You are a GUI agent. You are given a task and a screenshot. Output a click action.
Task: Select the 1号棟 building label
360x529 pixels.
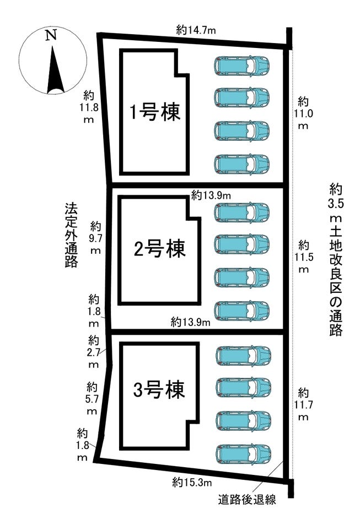click(154, 113)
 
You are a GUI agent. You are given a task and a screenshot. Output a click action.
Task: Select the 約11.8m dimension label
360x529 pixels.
click(88, 106)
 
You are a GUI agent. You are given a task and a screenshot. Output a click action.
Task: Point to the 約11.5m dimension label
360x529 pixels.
click(303, 257)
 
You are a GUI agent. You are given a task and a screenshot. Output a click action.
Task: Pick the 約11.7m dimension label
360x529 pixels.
click(303, 404)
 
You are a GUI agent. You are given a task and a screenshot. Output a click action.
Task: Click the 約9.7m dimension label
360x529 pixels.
click(96, 238)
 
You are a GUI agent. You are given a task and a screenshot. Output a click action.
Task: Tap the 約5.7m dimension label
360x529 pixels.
click(92, 398)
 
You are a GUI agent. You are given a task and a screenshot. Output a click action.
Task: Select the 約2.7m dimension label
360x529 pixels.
click(94, 351)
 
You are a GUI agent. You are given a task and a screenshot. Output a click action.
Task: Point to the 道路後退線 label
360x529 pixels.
click(246, 501)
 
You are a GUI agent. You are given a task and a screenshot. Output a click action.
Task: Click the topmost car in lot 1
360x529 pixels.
click(242, 66)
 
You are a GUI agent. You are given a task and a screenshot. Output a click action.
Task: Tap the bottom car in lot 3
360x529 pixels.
click(244, 454)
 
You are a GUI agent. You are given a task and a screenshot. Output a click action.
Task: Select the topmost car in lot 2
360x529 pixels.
click(242, 212)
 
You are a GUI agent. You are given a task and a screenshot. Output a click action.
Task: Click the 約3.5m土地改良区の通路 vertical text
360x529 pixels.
click(335, 259)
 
